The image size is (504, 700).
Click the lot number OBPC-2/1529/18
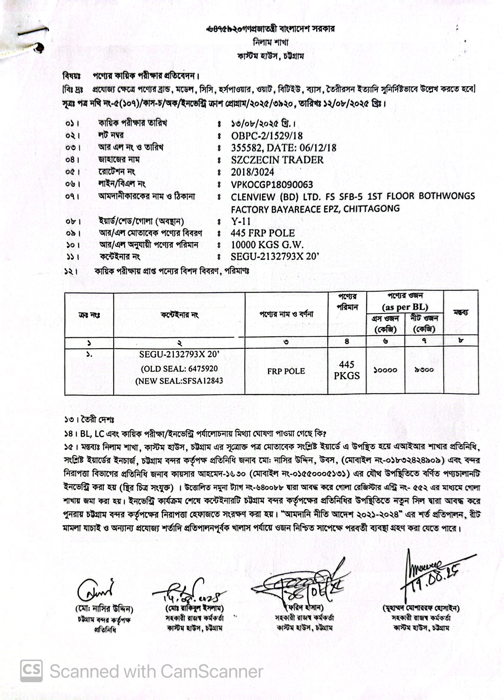point(267,136)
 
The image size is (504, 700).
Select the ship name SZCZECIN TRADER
point(277,160)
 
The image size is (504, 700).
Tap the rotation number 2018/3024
point(253,172)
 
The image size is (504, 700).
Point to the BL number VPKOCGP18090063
point(272,185)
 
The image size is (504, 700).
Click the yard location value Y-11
point(241,221)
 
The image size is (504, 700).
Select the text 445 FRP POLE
point(263,233)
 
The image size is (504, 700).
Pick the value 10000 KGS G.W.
point(267,245)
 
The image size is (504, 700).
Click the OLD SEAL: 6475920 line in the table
point(179,368)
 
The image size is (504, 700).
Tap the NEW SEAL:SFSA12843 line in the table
point(179,381)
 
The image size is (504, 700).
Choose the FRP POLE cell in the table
point(286,371)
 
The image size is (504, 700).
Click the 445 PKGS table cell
point(347,370)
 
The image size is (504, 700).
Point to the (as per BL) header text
point(405,307)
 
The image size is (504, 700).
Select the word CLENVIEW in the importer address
point(253,197)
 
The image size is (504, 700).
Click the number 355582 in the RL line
point(246,148)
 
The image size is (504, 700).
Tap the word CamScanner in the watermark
point(212,672)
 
